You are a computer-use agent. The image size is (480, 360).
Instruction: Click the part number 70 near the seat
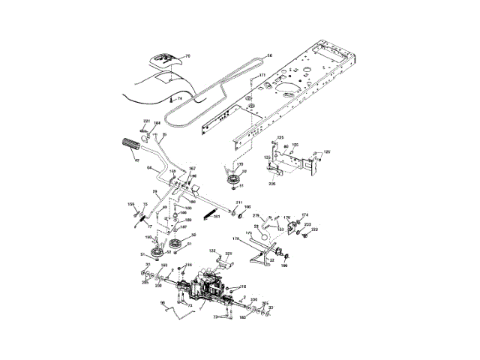[x=188, y=56]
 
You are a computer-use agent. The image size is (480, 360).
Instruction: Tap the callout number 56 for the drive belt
[x=270, y=55]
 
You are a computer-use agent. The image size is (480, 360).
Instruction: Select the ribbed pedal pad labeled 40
[x=127, y=145]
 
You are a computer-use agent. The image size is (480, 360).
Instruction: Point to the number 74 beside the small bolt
[x=179, y=98]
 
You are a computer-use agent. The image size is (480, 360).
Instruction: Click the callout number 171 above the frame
[x=262, y=76]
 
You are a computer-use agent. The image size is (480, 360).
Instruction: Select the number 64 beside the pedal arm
[x=150, y=167]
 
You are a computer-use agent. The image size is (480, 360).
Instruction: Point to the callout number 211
[x=238, y=203]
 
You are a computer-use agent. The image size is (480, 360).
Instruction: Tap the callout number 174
[x=304, y=215]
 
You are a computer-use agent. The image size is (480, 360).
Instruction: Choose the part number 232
[x=315, y=229]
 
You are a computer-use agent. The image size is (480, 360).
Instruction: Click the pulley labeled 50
[x=178, y=245]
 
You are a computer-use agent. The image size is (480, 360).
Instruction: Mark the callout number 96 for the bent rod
[x=163, y=303]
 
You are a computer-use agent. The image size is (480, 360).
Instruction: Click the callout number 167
[x=192, y=169]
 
